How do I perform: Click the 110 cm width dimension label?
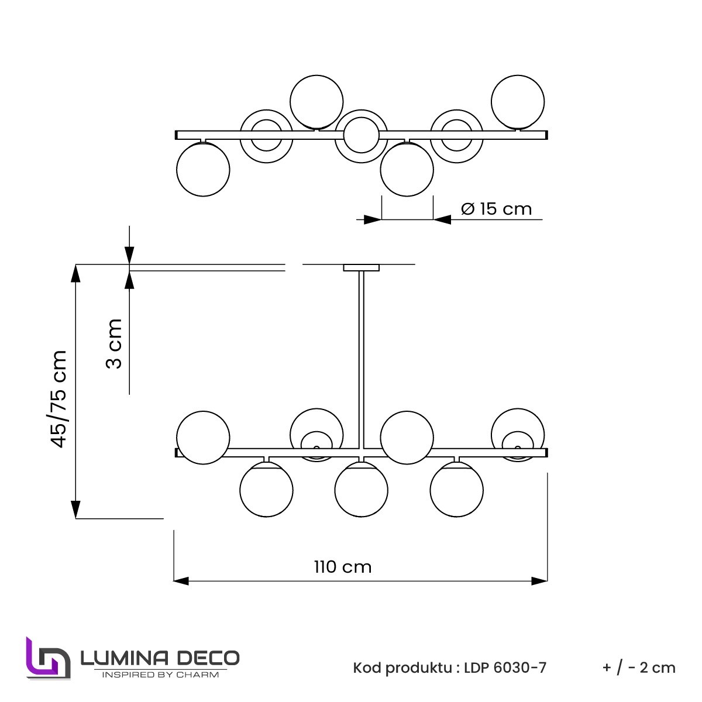(343, 567)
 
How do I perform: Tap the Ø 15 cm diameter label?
(496, 209)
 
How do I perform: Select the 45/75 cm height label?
(59, 398)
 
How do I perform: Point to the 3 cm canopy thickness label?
(113, 343)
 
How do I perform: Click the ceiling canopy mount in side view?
(362, 268)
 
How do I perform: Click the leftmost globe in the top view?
(203, 170)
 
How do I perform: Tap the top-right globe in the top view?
(518, 102)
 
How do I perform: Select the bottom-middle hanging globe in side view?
(362, 490)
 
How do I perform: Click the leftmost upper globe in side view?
(203, 438)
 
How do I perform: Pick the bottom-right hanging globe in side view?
(456, 490)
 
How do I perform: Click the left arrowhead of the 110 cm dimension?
(181, 581)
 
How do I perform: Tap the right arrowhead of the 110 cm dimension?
(540, 581)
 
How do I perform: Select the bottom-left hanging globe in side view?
(266, 490)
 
